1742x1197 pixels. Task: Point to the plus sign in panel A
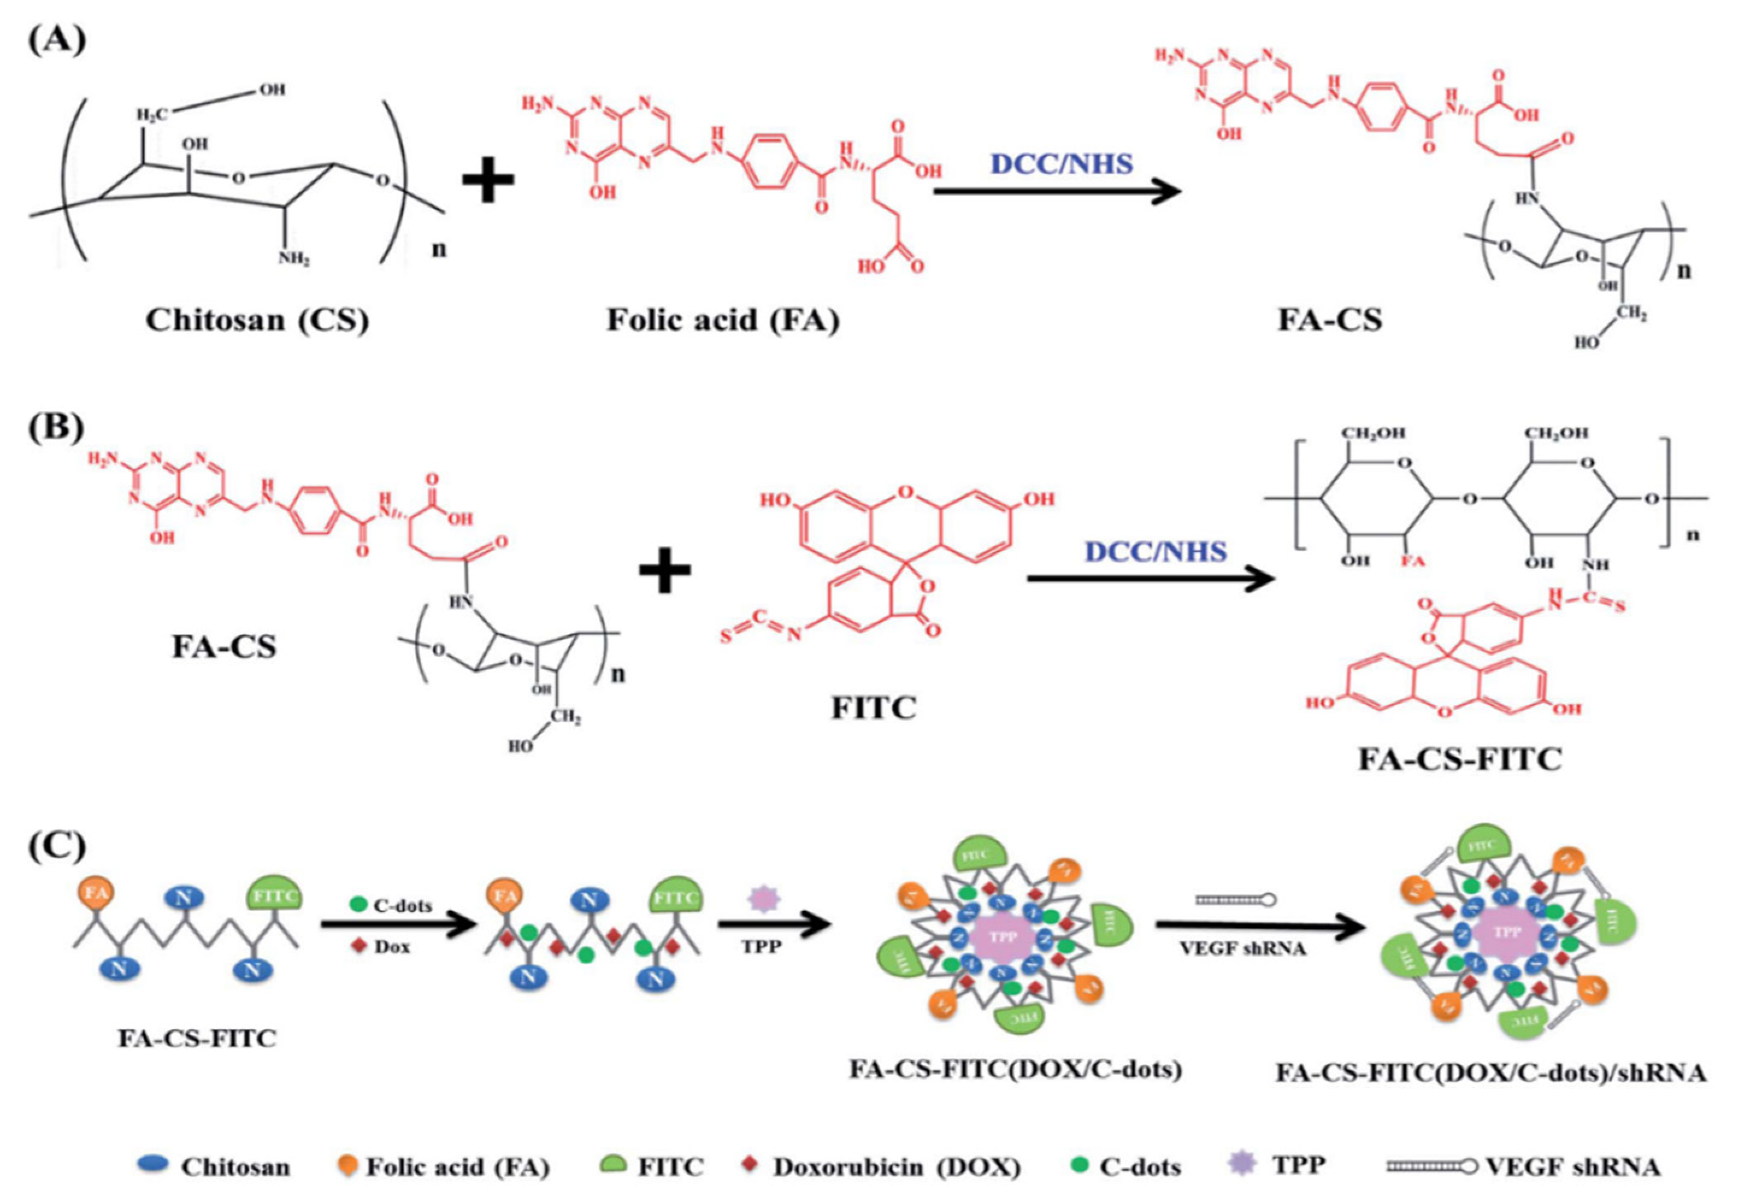[488, 183]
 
